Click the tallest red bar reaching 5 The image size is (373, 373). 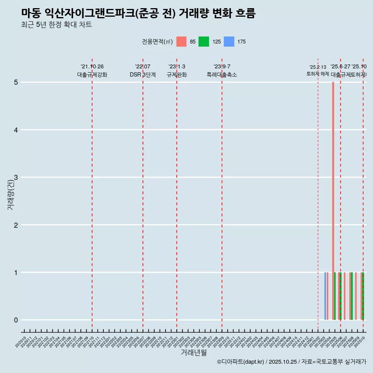[x=333, y=194]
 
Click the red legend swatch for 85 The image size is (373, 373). [x=181, y=42]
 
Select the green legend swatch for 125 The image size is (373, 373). [x=204, y=42]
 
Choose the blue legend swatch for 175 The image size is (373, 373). [x=229, y=42]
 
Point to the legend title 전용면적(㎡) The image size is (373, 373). [x=157, y=42]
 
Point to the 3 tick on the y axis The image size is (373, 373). [x=16, y=178]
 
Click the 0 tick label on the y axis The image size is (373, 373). [x=16, y=320]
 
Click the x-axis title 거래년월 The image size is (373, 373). [x=193, y=352]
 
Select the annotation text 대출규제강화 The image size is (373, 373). [x=92, y=75]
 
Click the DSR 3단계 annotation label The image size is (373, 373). [x=143, y=75]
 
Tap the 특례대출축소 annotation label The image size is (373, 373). [x=222, y=75]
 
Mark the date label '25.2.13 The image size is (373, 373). [x=318, y=67]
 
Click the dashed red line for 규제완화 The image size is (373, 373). [x=177, y=194]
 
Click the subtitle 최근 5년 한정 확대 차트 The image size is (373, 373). [x=56, y=25]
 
